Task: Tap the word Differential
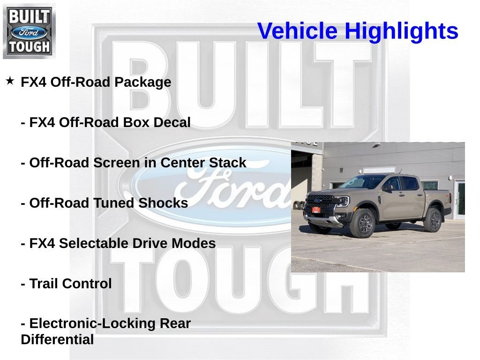[57, 340]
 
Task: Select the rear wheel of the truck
[432, 219]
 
